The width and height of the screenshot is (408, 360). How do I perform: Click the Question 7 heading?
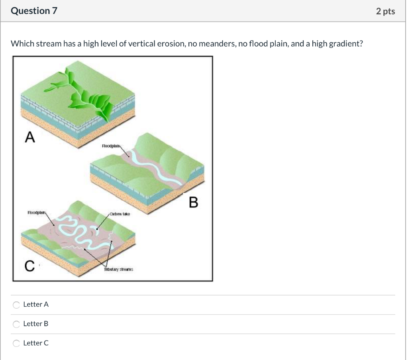click(34, 11)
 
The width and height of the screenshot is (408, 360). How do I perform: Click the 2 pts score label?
click(385, 11)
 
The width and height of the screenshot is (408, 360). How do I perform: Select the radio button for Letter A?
click(16, 305)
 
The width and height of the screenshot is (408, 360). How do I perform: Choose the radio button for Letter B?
click(16, 324)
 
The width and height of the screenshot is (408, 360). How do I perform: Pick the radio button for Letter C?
click(16, 343)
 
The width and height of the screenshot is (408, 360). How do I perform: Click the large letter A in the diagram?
click(29, 137)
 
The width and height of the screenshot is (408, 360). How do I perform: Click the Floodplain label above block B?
click(111, 146)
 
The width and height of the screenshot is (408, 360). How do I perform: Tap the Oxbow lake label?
click(121, 214)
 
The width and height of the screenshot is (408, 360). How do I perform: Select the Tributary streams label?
click(118, 270)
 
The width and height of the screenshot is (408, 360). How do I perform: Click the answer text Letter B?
click(36, 324)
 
